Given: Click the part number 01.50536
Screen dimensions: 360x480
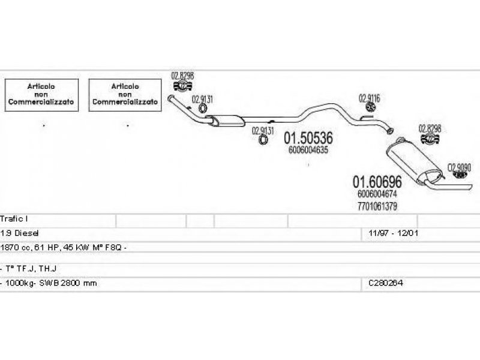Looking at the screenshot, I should click(x=308, y=139).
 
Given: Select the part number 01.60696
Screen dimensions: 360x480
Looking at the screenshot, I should click(x=377, y=181).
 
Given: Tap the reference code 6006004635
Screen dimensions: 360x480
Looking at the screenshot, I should click(x=308, y=151).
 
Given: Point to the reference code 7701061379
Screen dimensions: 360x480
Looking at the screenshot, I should click(x=377, y=205).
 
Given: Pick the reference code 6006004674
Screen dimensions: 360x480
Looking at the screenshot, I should click(x=377, y=193).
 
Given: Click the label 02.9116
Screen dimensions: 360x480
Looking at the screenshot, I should click(x=370, y=98).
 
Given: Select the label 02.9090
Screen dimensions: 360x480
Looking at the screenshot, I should click(x=460, y=167).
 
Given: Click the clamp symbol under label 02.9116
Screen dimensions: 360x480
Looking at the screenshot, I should click(x=370, y=107).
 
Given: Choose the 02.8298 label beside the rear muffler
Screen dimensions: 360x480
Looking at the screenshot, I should click(x=430, y=128).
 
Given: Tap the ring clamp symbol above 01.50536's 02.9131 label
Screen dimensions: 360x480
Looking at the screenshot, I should click(x=202, y=108).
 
